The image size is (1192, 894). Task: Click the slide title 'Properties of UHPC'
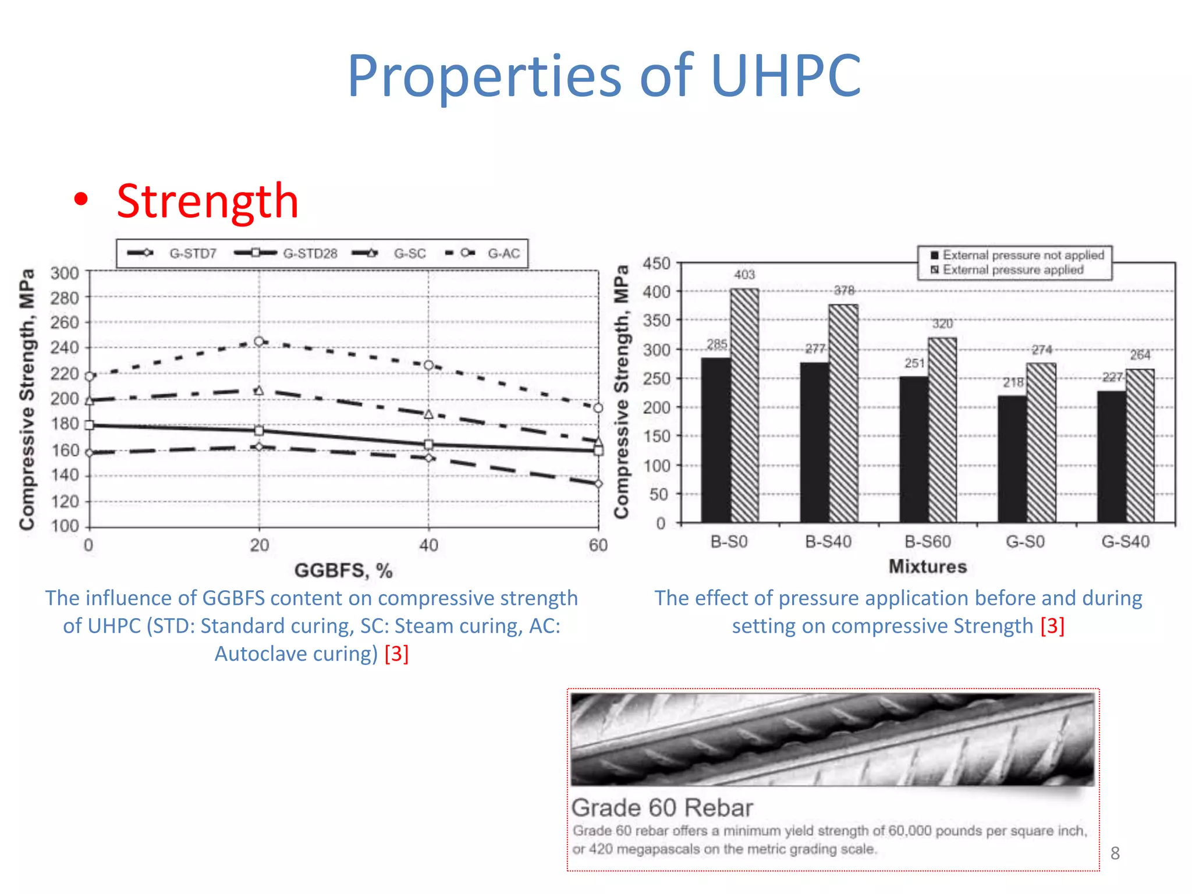pyautogui.click(x=604, y=76)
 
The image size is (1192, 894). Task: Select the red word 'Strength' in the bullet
pyautogui.click(x=207, y=201)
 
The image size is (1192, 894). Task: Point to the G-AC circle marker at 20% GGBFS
pyautogui.click(x=259, y=342)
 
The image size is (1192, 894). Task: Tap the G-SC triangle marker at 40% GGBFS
pyautogui.click(x=428, y=414)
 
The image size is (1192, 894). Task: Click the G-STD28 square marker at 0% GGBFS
pyautogui.click(x=89, y=425)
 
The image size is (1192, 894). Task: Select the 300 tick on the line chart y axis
pyautogui.click(x=65, y=273)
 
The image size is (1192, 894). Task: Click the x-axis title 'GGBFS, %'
pyautogui.click(x=343, y=570)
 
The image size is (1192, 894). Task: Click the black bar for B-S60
pyautogui.click(x=914, y=449)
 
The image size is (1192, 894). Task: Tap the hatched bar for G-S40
pyautogui.click(x=1140, y=445)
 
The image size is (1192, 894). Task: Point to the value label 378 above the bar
pyautogui.click(x=844, y=290)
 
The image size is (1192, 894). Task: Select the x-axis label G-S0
pyautogui.click(x=1025, y=542)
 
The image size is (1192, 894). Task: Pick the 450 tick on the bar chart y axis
pyautogui.click(x=656, y=264)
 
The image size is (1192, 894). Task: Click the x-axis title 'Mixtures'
pyautogui.click(x=927, y=566)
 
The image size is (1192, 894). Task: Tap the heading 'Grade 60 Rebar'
pyautogui.click(x=662, y=808)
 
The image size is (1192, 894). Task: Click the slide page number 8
pyautogui.click(x=1115, y=853)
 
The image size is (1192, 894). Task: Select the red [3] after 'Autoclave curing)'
pyautogui.click(x=396, y=654)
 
